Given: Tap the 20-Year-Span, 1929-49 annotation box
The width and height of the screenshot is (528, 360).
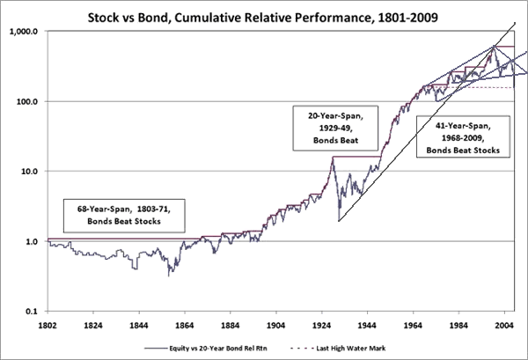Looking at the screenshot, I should pos(328,129).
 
